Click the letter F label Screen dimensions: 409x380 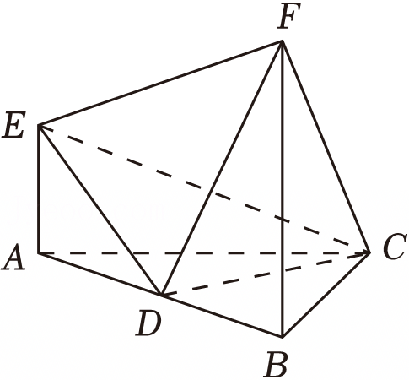289,16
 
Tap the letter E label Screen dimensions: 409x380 13,125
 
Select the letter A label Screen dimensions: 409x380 13,258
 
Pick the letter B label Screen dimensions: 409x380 276,364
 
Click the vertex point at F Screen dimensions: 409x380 282,41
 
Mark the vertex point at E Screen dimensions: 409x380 39,125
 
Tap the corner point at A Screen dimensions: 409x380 39,253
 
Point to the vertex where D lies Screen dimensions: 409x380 161,295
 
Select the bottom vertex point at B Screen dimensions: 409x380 283,337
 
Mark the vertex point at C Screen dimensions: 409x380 369,252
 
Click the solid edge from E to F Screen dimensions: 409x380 160,84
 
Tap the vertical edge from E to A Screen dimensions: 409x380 39,189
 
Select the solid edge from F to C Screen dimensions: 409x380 326,147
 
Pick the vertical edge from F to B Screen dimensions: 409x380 283,189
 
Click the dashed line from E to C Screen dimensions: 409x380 204,189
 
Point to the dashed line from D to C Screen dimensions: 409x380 265,274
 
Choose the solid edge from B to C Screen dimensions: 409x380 326,295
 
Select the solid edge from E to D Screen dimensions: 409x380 100,210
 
